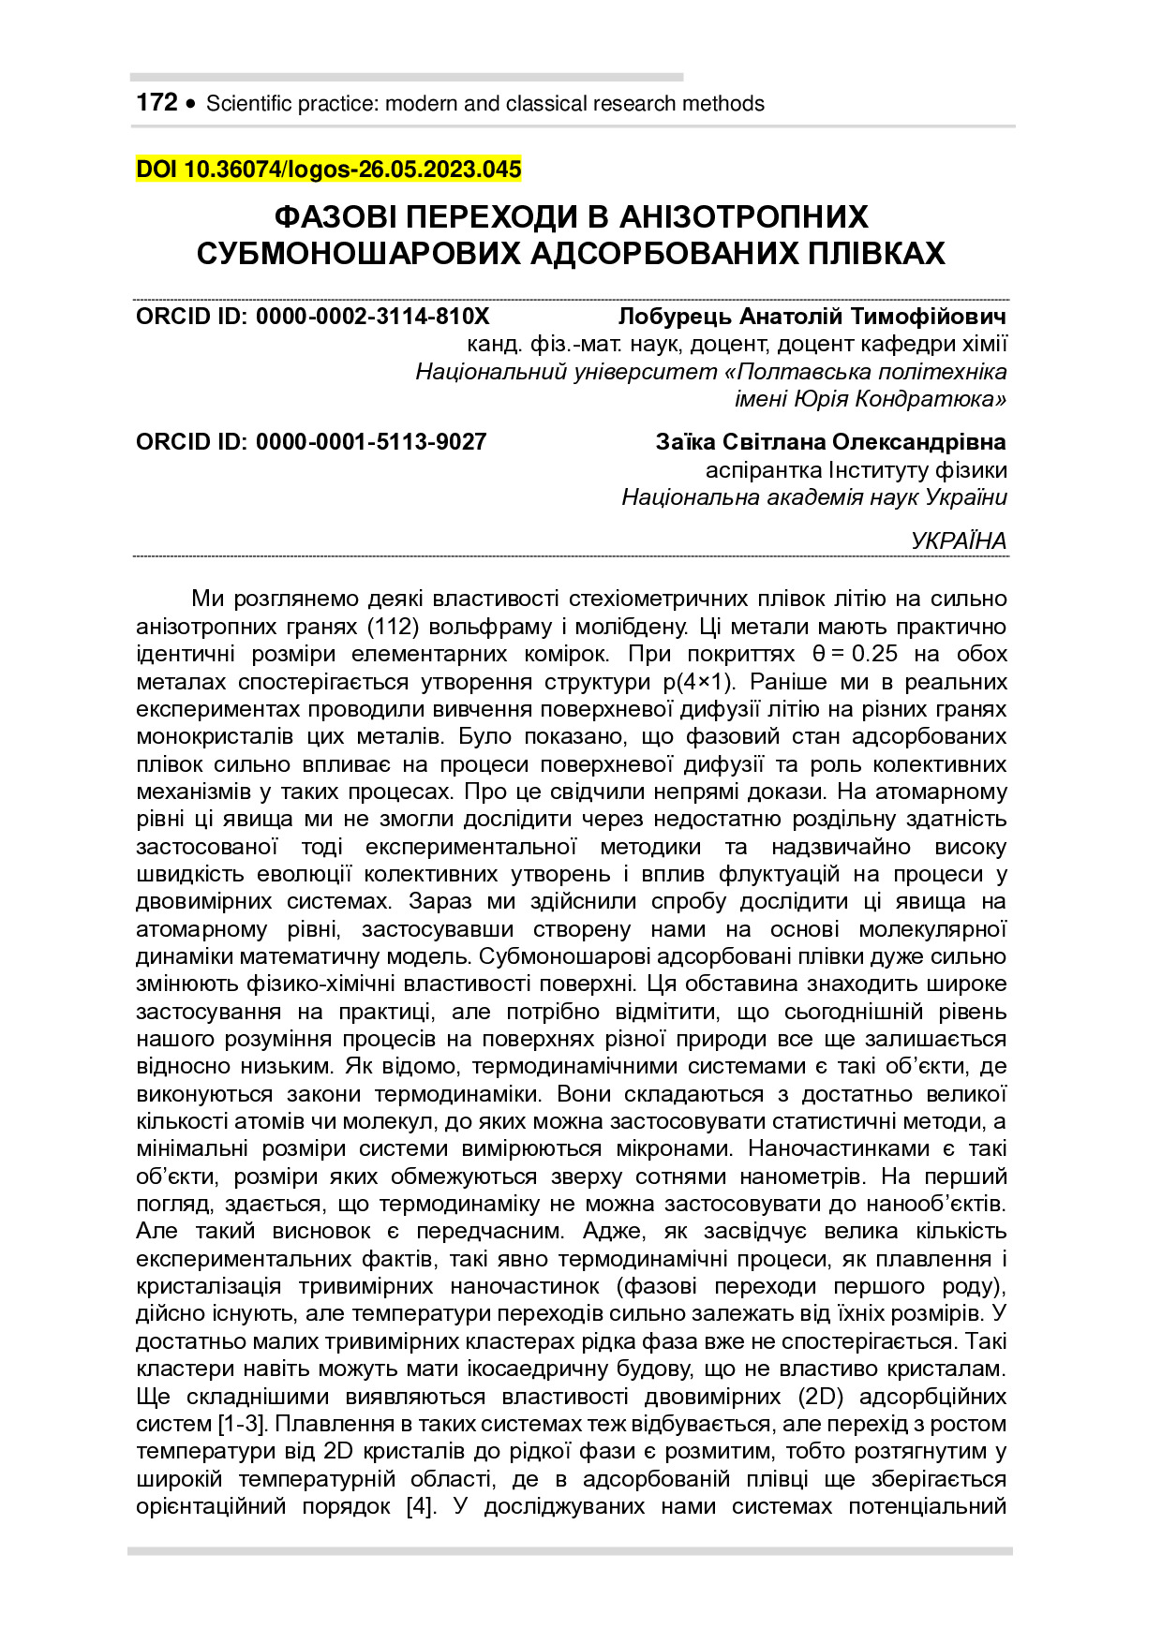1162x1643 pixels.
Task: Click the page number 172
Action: (x=156, y=102)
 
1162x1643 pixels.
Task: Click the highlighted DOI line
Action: (x=328, y=170)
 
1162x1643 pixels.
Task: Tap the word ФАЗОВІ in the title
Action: (x=339, y=217)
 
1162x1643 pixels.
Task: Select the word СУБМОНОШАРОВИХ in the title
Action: (x=359, y=253)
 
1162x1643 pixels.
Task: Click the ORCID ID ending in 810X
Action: (x=312, y=317)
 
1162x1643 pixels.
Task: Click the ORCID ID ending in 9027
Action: (x=311, y=442)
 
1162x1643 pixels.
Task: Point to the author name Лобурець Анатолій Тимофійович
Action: (x=812, y=317)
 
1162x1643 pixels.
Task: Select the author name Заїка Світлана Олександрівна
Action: (x=830, y=442)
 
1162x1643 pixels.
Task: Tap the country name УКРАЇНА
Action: (x=959, y=540)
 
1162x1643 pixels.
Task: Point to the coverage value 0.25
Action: (x=874, y=654)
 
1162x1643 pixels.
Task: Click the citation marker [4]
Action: (x=421, y=1506)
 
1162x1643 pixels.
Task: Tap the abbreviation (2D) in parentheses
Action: (x=822, y=1397)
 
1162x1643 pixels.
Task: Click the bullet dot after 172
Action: (x=192, y=104)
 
